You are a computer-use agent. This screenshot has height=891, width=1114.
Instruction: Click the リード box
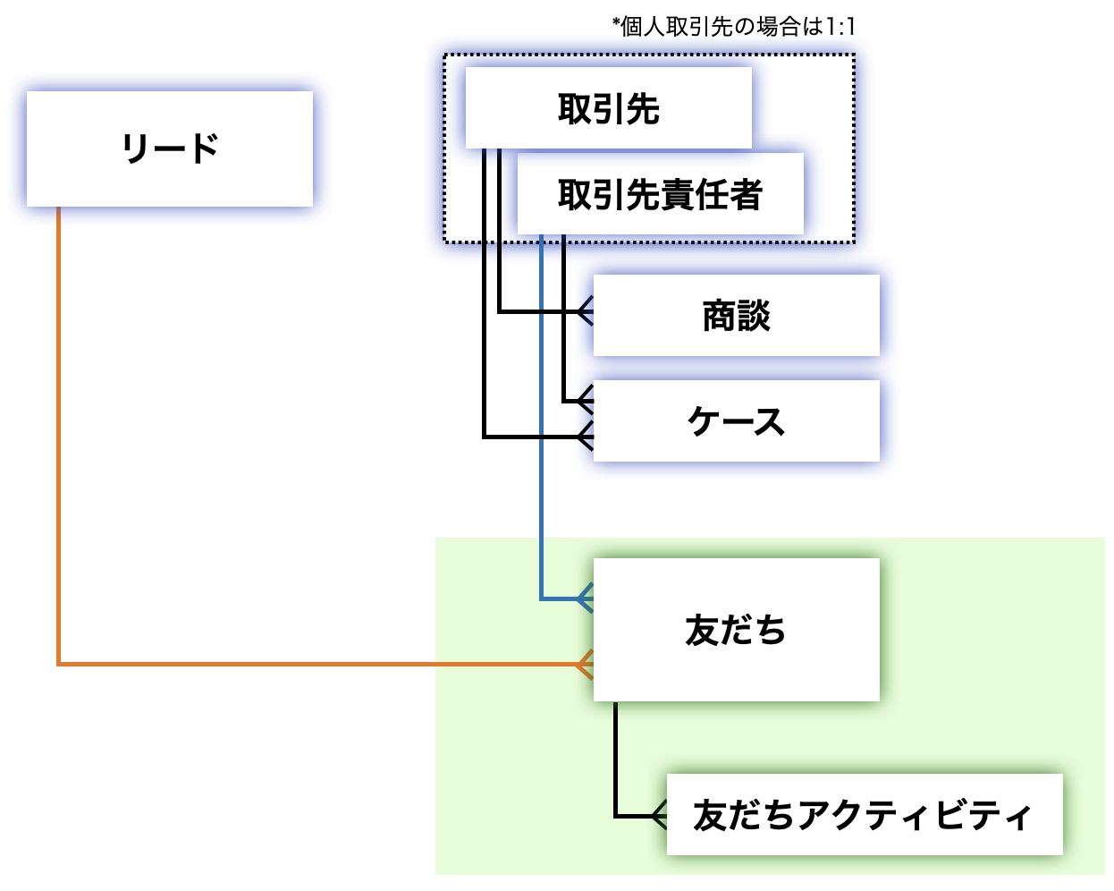pos(170,148)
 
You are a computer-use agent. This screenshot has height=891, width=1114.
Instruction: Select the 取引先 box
pos(608,109)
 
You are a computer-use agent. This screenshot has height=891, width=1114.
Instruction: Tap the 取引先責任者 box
pos(660,194)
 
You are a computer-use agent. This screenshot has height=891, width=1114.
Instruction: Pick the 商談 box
pos(736,316)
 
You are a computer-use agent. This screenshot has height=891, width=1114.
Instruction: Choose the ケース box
pos(736,421)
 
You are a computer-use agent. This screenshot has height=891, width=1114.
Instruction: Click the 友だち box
pos(736,630)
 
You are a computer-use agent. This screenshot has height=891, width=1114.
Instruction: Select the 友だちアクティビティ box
pos(864,815)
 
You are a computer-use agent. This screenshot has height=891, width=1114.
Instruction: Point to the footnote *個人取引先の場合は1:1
pos(733,27)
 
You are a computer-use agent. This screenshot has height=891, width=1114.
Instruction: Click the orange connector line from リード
pos(59,447)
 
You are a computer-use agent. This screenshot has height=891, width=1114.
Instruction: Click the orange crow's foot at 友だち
pos(585,665)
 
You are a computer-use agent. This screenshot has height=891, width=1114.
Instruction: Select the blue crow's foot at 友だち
pos(585,598)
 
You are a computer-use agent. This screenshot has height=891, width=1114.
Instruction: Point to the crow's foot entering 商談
pos(585,311)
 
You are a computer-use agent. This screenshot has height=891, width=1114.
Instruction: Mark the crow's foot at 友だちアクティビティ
pos(659,816)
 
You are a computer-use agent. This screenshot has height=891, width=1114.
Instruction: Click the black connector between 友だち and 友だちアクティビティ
pos(616,760)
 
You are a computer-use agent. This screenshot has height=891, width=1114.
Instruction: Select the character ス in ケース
pos(768,421)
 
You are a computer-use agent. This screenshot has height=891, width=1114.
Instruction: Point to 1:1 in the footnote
pos(840,27)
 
